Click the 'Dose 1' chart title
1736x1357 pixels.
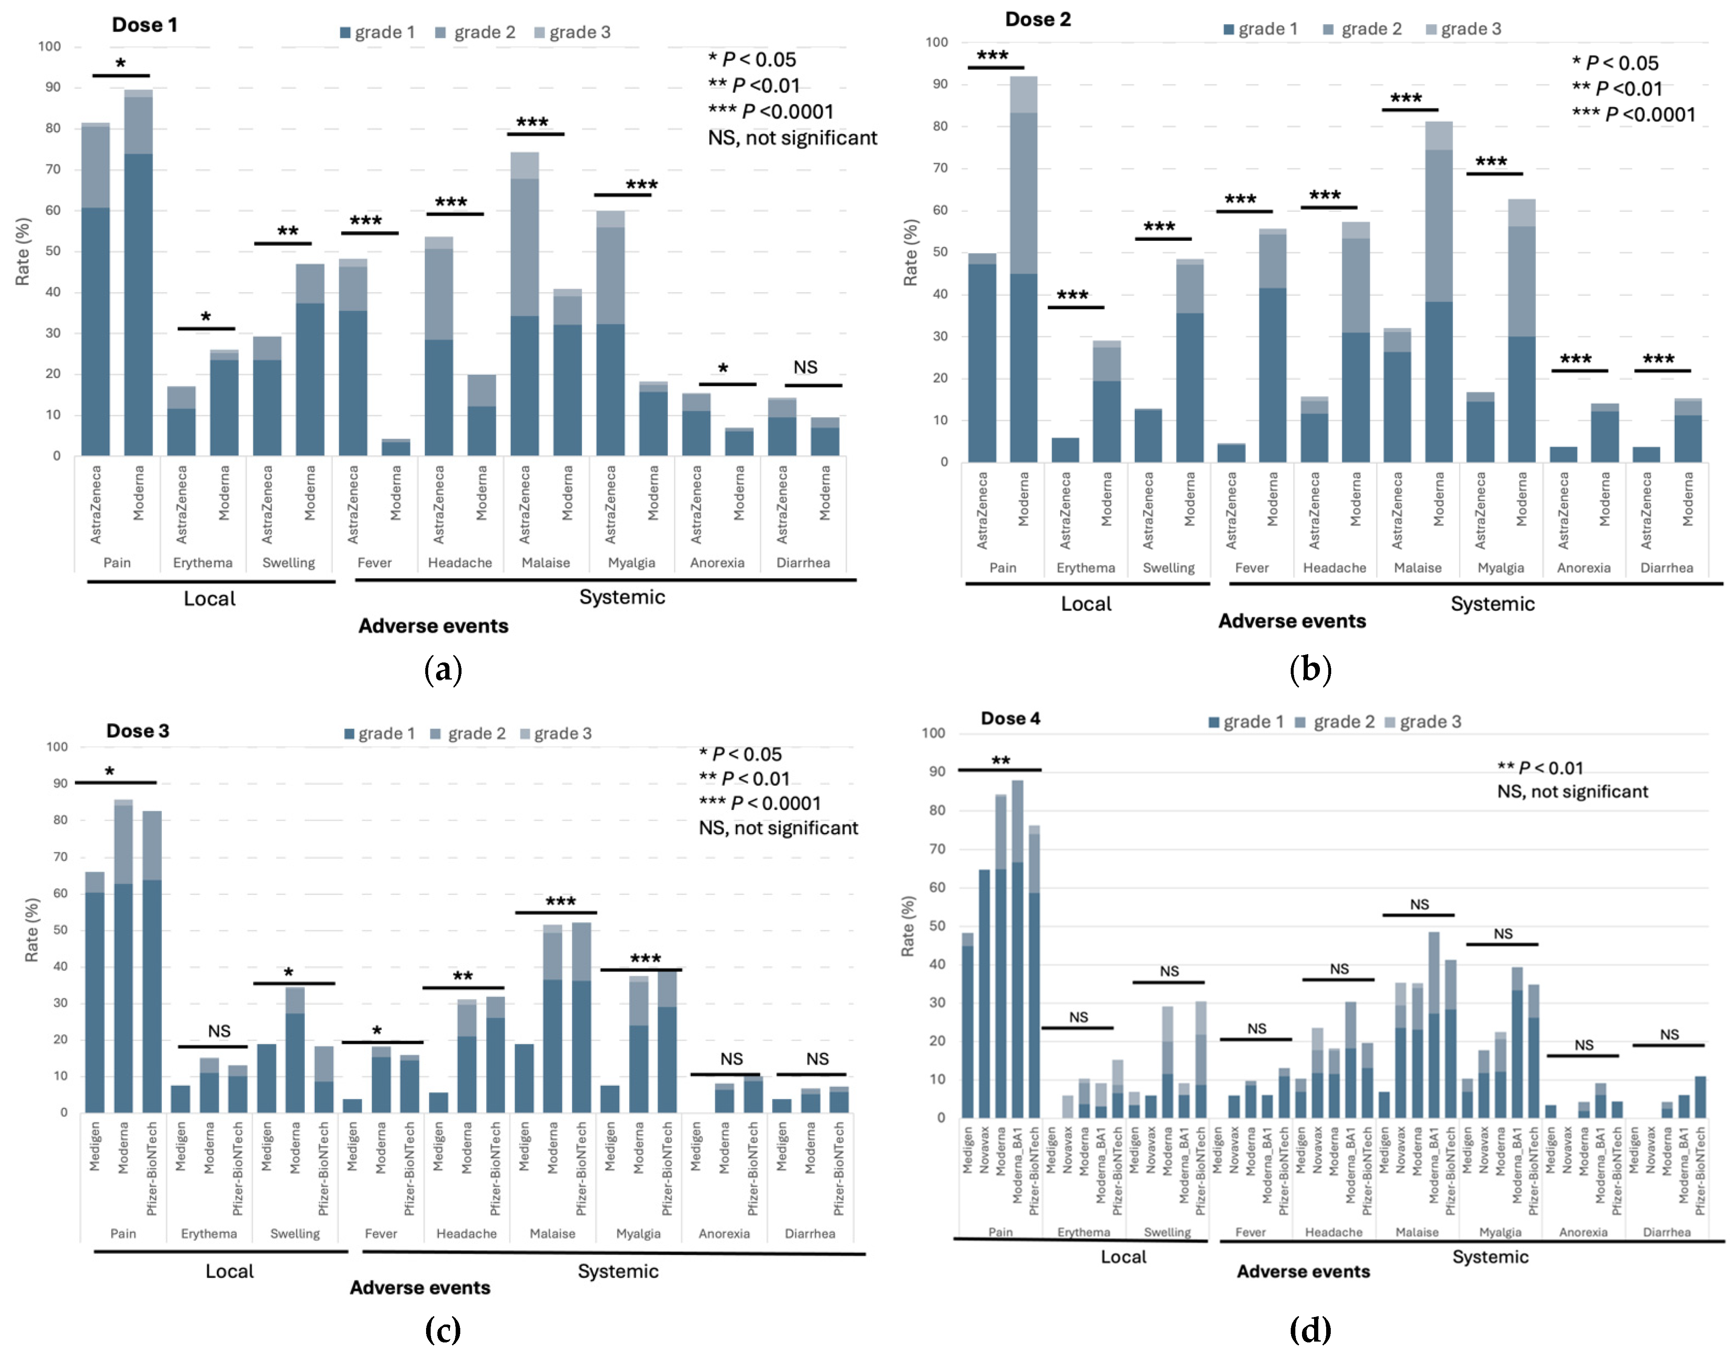(x=145, y=25)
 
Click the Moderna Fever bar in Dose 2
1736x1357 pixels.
(x=1272, y=346)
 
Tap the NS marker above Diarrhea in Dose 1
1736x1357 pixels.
(x=805, y=367)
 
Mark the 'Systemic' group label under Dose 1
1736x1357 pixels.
(x=622, y=597)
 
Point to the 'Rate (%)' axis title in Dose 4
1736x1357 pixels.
(x=908, y=926)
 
